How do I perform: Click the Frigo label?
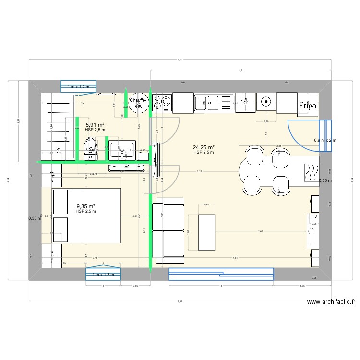(x=308, y=107)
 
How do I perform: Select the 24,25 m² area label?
(x=204, y=147)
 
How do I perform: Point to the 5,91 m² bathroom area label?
(x=95, y=125)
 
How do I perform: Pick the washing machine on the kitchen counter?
(x=162, y=102)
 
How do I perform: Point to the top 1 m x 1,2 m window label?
(x=78, y=87)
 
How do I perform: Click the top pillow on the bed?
(x=60, y=202)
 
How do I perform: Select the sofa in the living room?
(x=168, y=233)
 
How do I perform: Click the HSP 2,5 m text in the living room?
(x=204, y=153)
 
